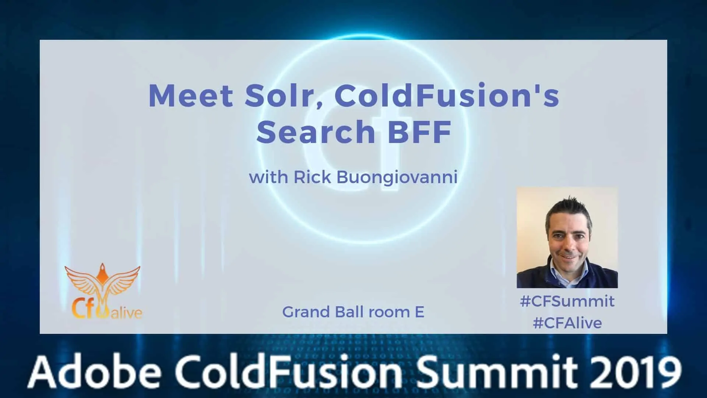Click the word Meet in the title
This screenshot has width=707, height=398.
191,95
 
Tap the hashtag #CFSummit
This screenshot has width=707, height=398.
567,301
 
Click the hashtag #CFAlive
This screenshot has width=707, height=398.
567,323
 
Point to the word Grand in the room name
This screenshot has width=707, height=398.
306,312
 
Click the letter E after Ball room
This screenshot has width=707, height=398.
419,312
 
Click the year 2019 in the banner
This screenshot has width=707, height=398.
639,371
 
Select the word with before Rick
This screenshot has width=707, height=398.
268,177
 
